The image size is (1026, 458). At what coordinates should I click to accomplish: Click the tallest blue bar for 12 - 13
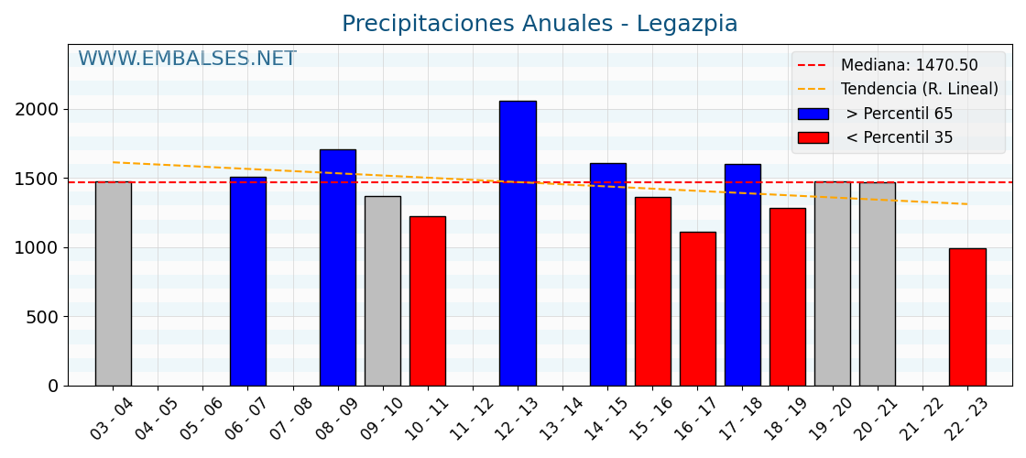(518, 243)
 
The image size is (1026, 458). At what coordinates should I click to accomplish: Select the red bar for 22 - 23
(967, 317)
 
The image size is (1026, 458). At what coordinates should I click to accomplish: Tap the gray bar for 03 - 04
(113, 284)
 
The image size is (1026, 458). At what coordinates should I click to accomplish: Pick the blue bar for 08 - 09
(338, 267)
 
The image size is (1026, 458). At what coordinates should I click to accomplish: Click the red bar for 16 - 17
(697, 309)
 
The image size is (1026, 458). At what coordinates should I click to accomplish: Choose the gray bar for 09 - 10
(383, 291)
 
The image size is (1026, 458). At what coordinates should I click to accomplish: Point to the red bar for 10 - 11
(428, 301)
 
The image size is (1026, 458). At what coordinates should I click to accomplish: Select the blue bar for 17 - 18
(742, 275)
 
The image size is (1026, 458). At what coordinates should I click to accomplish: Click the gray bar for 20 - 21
(877, 284)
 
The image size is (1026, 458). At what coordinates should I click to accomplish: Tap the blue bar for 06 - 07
(248, 281)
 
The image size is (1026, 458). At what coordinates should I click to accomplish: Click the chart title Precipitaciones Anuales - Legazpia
(540, 24)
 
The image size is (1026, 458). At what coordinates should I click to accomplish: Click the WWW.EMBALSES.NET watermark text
(187, 60)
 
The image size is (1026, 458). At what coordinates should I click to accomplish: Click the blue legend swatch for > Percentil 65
(813, 114)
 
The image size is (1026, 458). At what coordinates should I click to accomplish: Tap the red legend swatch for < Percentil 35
(813, 137)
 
